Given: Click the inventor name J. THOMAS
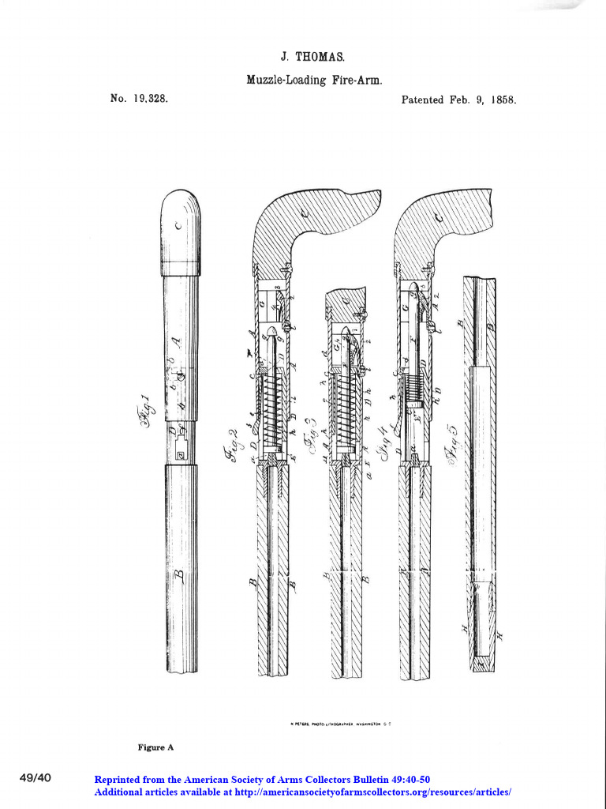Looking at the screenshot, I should (x=313, y=58).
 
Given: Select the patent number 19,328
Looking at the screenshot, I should (x=150, y=100).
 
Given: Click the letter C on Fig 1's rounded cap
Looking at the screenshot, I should (x=179, y=226).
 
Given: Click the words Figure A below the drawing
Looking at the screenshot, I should (x=155, y=747).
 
